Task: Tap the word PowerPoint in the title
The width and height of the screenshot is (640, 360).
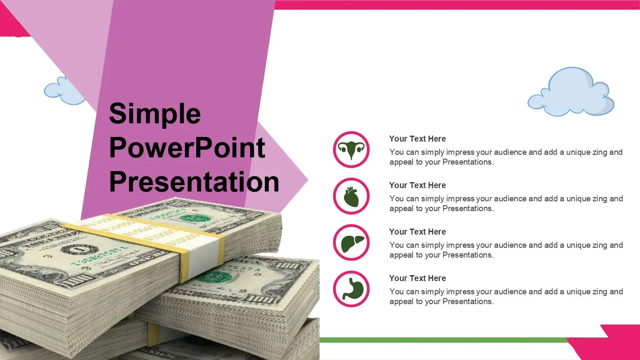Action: pos(187,148)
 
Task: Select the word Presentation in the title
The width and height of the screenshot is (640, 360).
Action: pos(194,182)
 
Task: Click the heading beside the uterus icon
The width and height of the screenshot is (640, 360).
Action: pos(417,139)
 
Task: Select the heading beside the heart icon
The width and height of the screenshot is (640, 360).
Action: pos(417,186)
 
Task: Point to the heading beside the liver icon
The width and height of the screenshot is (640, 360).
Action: pos(417,232)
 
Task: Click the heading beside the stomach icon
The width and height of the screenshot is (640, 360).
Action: pos(417,278)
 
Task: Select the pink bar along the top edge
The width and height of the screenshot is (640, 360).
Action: pos(457,5)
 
